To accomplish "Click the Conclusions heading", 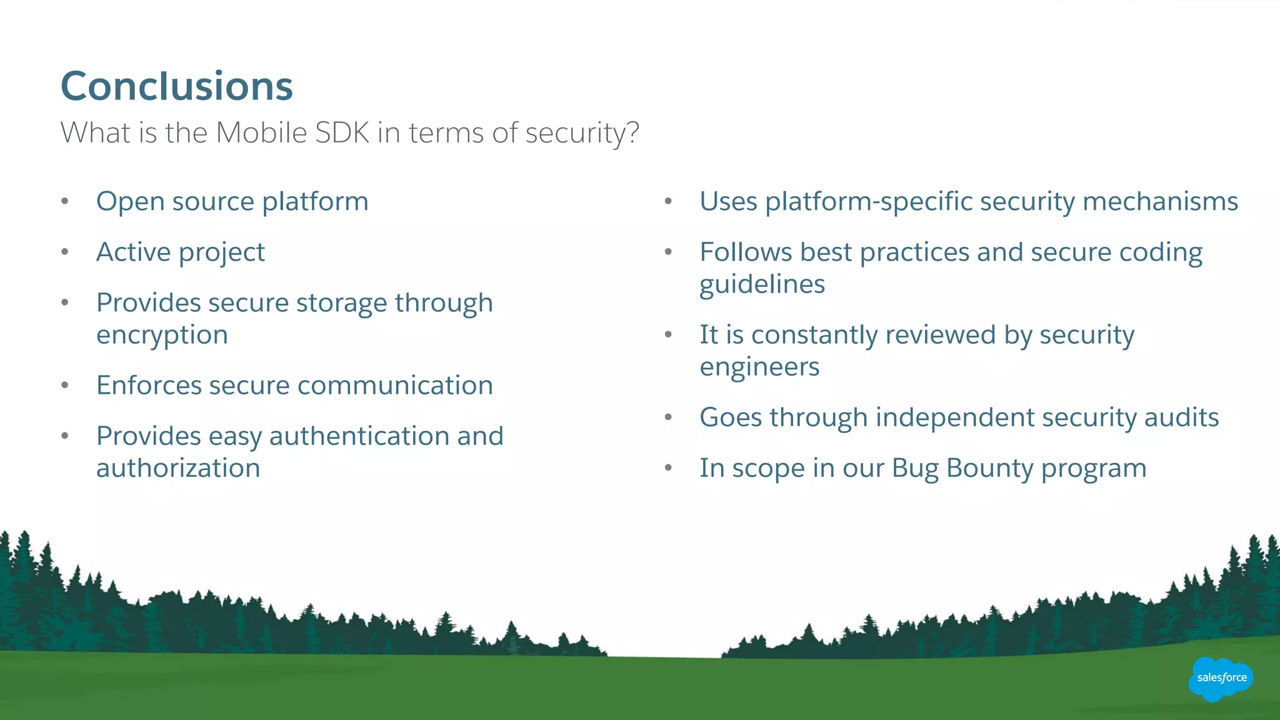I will (177, 86).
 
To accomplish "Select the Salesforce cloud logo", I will (1221, 678).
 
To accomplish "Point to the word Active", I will (133, 252).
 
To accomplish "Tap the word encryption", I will (162, 336).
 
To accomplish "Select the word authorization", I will (178, 469).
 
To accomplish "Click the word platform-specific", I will (869, 202).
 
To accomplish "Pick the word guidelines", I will (762, 285).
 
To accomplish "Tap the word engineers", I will (759, 367).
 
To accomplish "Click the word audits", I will (1181, 417).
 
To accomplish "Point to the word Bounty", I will (990, 469).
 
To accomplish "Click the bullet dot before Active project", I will (65, 252).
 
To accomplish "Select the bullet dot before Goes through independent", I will (668, 417).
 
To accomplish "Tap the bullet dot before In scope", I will (668, 468).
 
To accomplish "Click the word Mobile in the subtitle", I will (261, 132).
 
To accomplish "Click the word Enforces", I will (149, 386).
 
